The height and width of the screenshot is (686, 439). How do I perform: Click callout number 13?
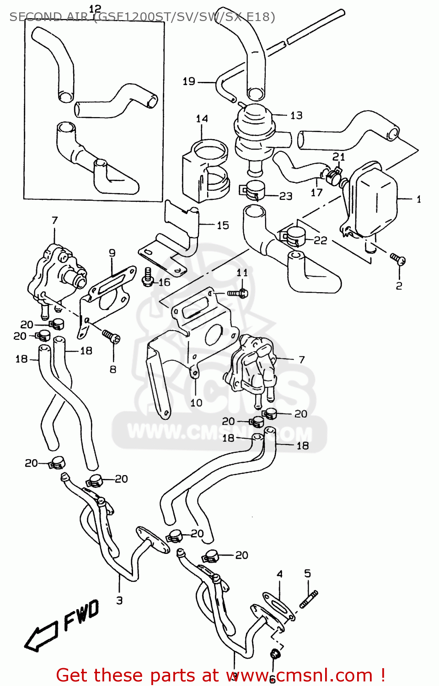pyautogui.click(x=296, y=115)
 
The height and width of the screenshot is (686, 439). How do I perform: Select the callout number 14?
pyautogui.click(x=202, y=119)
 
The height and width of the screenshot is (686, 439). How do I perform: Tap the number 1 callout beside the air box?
pyautogui.click(x=418, y=199)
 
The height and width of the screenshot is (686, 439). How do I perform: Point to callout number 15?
pyautogui.click(x=223, y=225)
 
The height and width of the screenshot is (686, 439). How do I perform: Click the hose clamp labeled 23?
pyautogui.click(x=253, y=190)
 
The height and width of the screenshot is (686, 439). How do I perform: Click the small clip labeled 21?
pyautogui.click(x=333, y=174)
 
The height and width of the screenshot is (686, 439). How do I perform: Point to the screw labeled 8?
pyautogui.click(x=111, y=338)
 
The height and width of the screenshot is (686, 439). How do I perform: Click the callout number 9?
pyautogui.click(x=112, y=253)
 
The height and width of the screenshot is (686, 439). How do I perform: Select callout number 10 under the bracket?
pyautogui.click(x=196, y=402)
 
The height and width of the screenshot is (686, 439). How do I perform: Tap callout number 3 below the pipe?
pyautogui.click(x=119, y=600)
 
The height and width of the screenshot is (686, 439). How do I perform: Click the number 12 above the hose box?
pyautogui.click(x=95, y=9)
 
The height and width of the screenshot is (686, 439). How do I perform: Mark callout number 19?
pyautogui.click(x=189, y=81)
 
